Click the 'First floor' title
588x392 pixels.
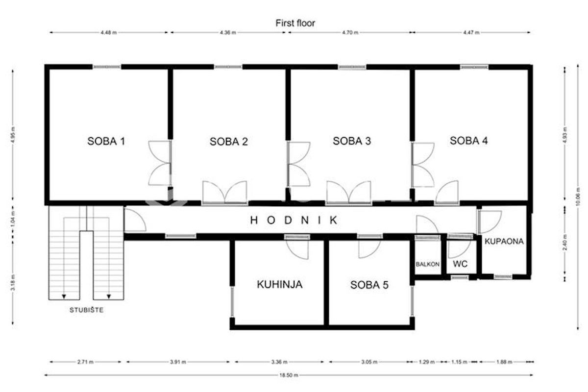pyautogui.click(x=295, y=23)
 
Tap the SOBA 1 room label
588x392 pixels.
pyautogui.click(x=106, y=141)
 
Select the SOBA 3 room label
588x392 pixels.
pyautogui.click(x=352, y=141)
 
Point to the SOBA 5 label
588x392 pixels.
pyautogui.click(x=369, y=285)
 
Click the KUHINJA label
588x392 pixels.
pyautogui.click(x=280, y=284)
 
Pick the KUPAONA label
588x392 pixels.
pyautogui.click(x=504, y=241)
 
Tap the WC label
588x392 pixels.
pyautogui.click(x=460, y=264)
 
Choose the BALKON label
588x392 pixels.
pyautogui.click(x=428, y=264)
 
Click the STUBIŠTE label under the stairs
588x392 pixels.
pyautogui.click(x=86, y=310)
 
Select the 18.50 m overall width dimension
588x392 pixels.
pyautogui.click(x=289, y=375)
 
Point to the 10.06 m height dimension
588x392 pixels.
pyautogui.click(x=578, y=197)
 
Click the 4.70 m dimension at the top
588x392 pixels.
pyautogui.click(x=350, y=32)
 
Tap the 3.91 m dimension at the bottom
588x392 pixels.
pyautogui.click(x=178, y=362)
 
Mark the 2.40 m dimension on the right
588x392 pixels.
pyautogui.click(x=565, y=243)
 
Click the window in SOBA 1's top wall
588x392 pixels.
pyautogui.click(x=107, y=67)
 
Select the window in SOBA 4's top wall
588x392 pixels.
pyautogui.click(x=474, y=67)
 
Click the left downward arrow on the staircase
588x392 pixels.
pyautogui.click(x=64, y=296)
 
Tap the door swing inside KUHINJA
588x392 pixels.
pyautogui.click(x=297, y=249)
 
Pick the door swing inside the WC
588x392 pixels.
pyautogui.click(x=460, y=248)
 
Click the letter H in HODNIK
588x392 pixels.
pyautogui.click(x=254, y=220)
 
